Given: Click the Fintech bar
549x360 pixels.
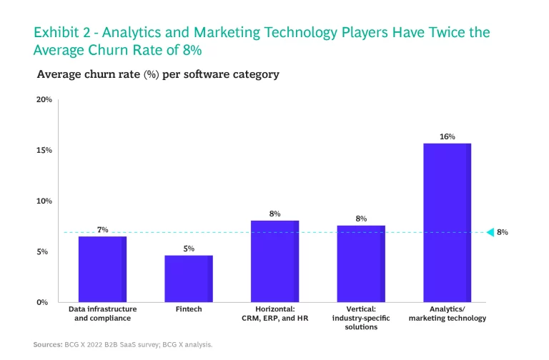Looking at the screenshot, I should [189, 279].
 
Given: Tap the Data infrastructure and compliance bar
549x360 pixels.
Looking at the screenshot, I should [102, 269].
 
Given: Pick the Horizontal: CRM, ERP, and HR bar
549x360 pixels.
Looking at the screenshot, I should [274, 261].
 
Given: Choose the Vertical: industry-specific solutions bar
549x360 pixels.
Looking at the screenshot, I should [361, 264].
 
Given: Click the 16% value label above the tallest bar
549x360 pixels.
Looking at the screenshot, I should [447, 136].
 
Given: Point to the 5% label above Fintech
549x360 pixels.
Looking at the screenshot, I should [189, 249].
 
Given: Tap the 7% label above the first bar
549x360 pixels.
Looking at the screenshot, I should [103, 230].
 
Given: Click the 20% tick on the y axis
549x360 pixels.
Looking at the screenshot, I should [44, 100].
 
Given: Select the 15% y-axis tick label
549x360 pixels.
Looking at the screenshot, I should [44, 151].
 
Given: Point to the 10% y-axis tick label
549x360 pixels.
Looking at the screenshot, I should [44, 201].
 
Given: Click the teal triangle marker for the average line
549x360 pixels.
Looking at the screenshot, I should [490, 232].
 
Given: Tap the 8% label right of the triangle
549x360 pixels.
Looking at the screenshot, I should [503, 232].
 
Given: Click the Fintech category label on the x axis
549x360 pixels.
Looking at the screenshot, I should [189, 309].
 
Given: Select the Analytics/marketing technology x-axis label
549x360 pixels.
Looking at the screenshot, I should [447, 314].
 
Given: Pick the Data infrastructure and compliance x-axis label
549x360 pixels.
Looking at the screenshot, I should [103, 314].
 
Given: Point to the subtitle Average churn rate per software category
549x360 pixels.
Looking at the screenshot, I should [158, 74].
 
